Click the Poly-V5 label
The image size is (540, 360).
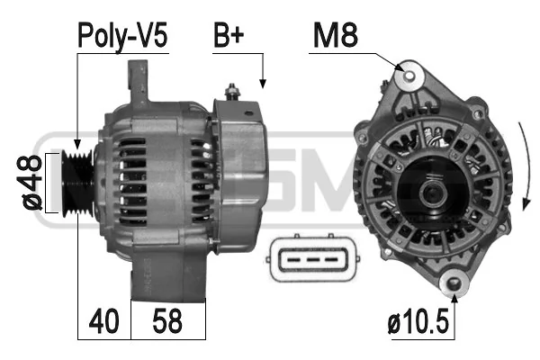click(122, 36)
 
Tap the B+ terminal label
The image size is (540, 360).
click(229, 35)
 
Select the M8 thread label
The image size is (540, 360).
click(336, 35)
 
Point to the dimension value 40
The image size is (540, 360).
click(103, 321)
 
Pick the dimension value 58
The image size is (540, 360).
click(167, 321)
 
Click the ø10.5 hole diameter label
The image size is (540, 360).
click(418, 322)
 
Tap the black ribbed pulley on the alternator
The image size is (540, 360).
click(77, 184)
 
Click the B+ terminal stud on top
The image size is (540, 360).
click(232, 92)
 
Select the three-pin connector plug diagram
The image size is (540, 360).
click(312, 258)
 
